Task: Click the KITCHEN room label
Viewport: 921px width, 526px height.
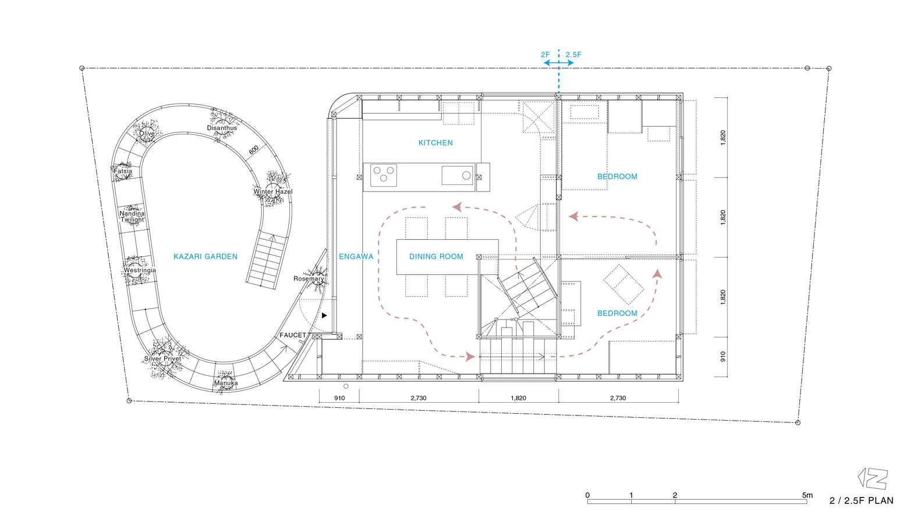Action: click(435, 143)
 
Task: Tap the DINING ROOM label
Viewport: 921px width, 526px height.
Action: click(436, 257)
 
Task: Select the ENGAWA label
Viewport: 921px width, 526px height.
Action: click(356, 257)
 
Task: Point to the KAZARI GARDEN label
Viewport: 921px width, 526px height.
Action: click(206, 257)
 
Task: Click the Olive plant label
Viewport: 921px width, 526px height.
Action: click(147, 134)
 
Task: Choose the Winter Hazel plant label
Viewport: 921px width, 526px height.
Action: click(273, 191)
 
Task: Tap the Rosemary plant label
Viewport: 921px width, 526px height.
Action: click(309, 279)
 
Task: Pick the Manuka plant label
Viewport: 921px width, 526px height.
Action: click(226, 383)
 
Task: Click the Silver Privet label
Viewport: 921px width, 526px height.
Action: click(162, 358)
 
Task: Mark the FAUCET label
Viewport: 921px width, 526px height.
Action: click(293, 335)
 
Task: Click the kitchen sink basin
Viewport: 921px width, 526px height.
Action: click(457, 176)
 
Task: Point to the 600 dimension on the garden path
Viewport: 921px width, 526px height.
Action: click(254, 150)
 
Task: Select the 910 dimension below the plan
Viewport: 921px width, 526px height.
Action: click(339, 398)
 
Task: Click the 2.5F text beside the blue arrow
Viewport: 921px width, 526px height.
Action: click(573, 55)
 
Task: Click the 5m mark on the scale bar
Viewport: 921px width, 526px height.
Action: click(807, 495)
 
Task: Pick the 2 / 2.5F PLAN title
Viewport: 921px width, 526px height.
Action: click(862, 500)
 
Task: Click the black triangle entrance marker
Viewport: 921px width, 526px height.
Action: click(324, 315)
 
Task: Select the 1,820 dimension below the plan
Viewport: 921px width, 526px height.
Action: click(519, 398)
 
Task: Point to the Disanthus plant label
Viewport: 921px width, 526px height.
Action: click(222, 128)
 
